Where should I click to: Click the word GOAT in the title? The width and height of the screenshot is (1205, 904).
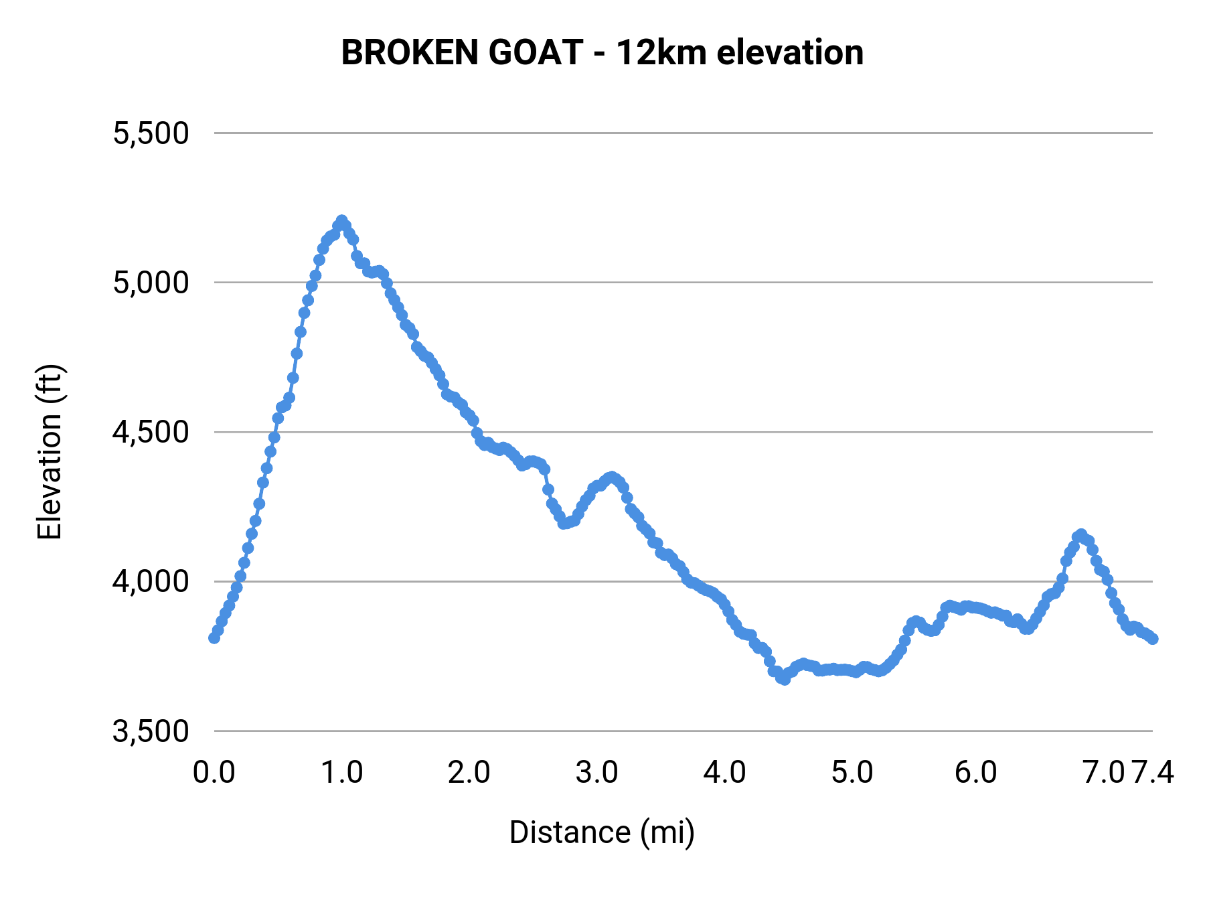click(536, 52)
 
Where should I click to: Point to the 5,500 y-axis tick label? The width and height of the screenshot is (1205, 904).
click(151, 133)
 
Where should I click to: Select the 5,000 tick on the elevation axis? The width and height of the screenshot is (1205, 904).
click(151, 283)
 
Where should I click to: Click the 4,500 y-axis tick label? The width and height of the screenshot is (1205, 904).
click(151, 432)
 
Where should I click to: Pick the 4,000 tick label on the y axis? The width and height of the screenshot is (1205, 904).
click(151, 581)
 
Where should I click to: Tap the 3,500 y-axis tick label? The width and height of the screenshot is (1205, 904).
click(151, 731)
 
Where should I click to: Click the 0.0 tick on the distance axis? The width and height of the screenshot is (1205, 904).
click(214, 773)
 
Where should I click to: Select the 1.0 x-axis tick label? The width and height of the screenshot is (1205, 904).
click(342, 773)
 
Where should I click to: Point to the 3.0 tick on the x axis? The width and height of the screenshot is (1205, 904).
click(597, 773)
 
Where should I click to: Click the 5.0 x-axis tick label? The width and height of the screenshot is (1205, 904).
click(852, 773)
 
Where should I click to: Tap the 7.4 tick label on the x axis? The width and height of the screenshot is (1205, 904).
click(1153, 773)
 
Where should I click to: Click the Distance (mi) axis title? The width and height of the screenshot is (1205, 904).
click(602, 832)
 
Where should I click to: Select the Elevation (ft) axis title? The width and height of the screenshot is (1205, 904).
click(50, 452)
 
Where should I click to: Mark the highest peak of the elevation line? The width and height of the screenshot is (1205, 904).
click(342, 220)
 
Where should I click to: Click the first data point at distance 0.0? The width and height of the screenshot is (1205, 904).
click(214, 637)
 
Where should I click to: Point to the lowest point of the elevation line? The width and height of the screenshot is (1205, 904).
click(784, 679)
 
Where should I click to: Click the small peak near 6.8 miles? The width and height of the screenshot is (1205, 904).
click(1080, 534)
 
